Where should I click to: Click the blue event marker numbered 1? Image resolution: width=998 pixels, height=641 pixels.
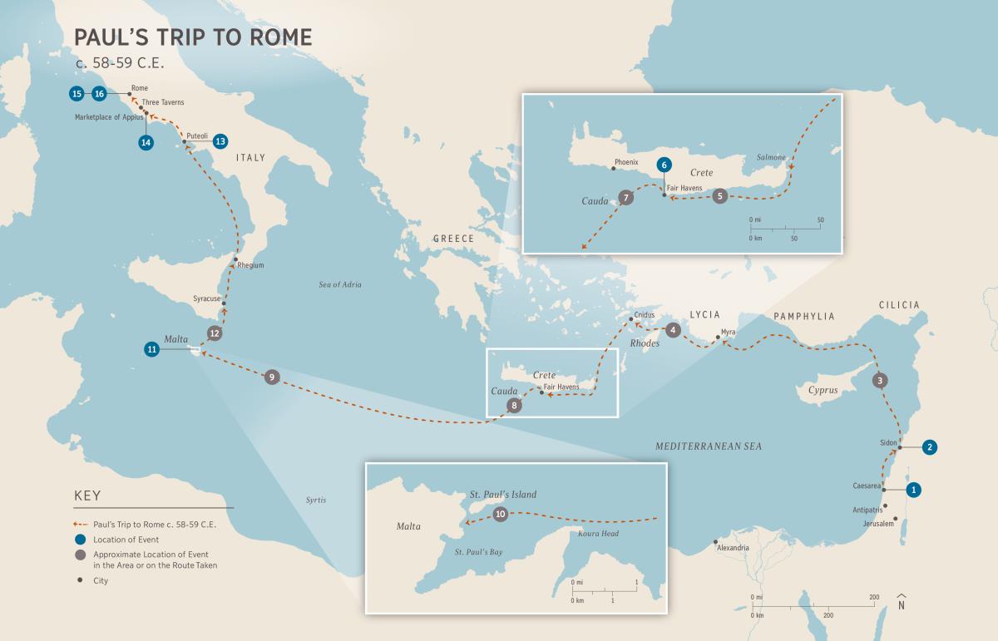pos(913,490)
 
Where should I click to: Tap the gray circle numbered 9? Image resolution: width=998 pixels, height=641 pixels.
pos(270,377)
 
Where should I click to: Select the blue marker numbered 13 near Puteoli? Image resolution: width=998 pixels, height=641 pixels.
pos(220,141)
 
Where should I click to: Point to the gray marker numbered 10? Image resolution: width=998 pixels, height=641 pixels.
pos(500,515)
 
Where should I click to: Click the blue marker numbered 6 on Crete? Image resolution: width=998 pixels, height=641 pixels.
pos(663,165)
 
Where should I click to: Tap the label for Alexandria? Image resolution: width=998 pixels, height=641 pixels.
pos(733,548)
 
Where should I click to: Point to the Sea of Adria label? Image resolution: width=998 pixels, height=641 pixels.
pos(340,284)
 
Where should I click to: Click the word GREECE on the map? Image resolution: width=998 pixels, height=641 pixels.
pos(453,239)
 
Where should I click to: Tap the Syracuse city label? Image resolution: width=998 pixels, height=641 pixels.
pos(207,298)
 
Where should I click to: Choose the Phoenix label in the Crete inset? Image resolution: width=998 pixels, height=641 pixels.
pos(625,161)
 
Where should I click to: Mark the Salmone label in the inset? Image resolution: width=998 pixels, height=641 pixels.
pos(771,156)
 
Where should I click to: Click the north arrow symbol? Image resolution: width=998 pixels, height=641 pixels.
pos(902,602)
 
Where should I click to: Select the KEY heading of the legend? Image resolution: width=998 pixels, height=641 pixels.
pos(87,496)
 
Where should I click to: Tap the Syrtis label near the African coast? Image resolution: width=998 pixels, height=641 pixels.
pos(315,500)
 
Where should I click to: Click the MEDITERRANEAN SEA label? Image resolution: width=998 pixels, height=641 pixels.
pos(708,446)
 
